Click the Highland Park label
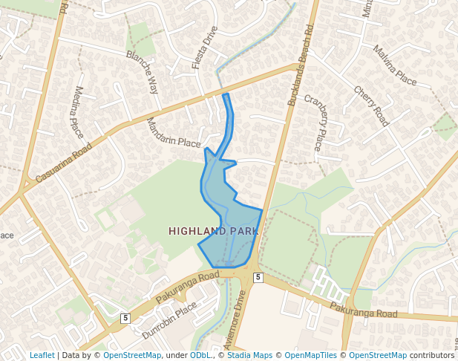tap(213, 231)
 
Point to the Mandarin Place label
tap(174, 132)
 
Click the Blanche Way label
tap(143, 72)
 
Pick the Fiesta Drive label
tap(205, 48)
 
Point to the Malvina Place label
tap(395, 65)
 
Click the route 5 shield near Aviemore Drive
tap(258, 277)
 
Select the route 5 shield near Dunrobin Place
tap(125, 318)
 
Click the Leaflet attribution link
tap(42, 355)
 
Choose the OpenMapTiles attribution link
tap(312, 355)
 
